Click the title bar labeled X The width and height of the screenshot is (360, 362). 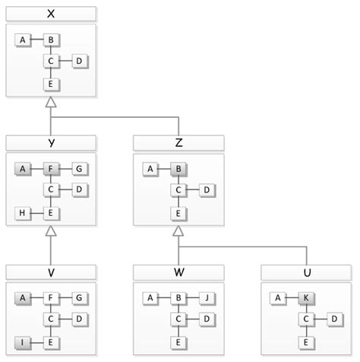[50, 14]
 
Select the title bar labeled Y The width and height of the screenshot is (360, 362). [50, 142]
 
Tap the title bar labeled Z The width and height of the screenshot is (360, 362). [178, 142]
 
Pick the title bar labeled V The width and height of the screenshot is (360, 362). [50, 271]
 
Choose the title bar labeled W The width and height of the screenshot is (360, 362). [178, 271]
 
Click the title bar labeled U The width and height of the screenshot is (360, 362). [307, 271]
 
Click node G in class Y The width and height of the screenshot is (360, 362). [79, 169]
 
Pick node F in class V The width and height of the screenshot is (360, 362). [50, 298]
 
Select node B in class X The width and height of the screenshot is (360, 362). [50, 40]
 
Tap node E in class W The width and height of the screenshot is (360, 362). [178, 344]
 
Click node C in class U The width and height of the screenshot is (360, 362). [307, 319]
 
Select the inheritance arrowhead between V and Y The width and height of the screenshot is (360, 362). [50, 231]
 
